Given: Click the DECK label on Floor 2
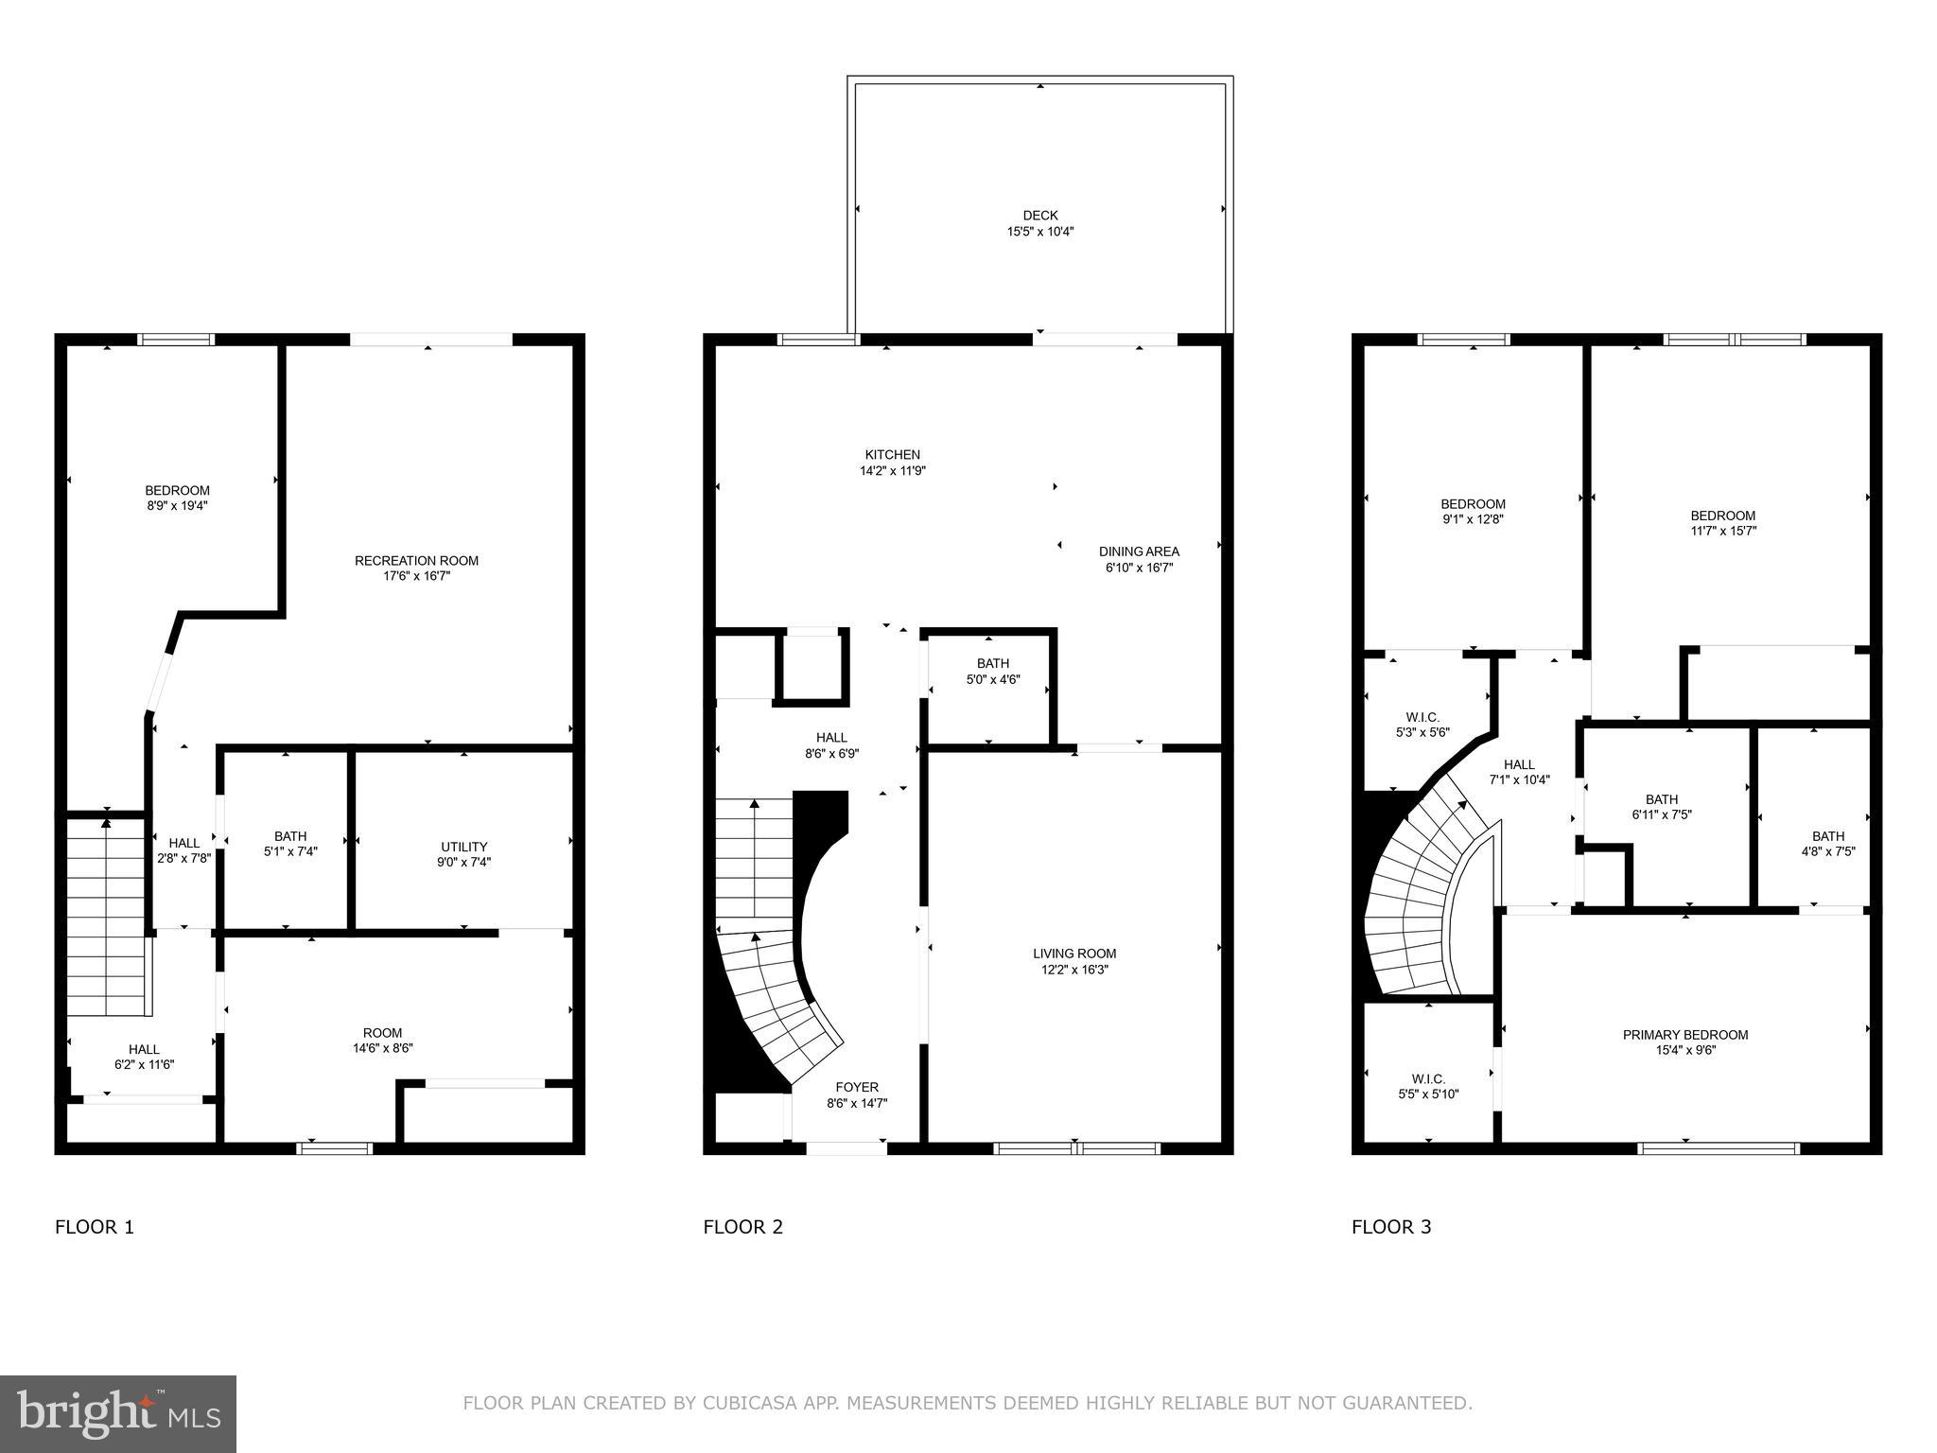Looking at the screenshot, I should [1039, 216].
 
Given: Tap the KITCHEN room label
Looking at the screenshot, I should [892, 455].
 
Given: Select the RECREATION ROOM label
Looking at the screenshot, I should [416, 561].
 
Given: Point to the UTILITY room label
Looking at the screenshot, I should [463, 847].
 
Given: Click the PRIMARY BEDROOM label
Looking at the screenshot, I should [1684, 1035].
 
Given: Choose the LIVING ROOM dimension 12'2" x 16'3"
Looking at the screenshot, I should [1073, 970].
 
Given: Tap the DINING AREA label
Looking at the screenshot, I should [1139, 551].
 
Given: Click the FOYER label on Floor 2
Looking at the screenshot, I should [856, 1087].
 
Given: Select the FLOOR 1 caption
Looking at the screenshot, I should [95, 1227].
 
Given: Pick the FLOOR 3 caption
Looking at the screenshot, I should [1391, 1227].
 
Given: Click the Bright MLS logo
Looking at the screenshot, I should [118, 1413].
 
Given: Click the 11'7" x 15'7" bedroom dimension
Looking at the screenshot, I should [1722, 531].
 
